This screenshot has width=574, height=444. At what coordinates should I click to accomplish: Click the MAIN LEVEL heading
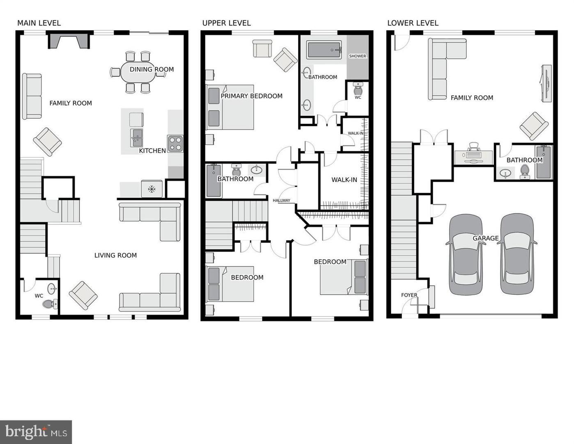click(x=39, y=23)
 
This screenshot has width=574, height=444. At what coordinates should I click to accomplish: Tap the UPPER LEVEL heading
click(x=226, y=23)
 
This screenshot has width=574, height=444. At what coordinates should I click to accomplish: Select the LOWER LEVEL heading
click(x=413, y=23)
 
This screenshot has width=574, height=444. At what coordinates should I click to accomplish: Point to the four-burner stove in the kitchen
click(x=175, y=144)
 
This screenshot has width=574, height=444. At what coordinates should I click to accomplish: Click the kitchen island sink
click(x=136, y=137)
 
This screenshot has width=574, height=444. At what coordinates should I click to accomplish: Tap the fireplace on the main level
click(x=69, y=41)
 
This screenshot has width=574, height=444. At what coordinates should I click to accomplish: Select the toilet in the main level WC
click(x=49, y=304)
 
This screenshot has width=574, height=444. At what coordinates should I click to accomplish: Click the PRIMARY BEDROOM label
click(x=251, y=96)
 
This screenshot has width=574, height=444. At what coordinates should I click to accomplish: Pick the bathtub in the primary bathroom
click(x=324, y=50)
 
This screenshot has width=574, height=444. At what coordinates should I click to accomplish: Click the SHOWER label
click(x=357, y=56)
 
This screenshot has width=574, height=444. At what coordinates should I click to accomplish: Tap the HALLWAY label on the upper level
click(x=282, y=201)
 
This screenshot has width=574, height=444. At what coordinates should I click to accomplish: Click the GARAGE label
click(x=485, y=238)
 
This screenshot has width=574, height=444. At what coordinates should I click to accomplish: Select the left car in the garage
click(x=466, y=254)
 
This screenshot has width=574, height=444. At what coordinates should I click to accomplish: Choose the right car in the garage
click(x=517, y=254)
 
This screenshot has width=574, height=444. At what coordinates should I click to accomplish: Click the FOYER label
click(x=409, y=295)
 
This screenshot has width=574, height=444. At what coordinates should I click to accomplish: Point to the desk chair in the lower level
click(x=474, y=146)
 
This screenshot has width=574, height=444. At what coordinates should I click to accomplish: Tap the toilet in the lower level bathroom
click(x=524, y=171)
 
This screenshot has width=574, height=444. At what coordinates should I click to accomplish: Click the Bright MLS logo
click(x=36, y=432)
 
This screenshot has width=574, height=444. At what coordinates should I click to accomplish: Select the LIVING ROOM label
click(x=115, y=255)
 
